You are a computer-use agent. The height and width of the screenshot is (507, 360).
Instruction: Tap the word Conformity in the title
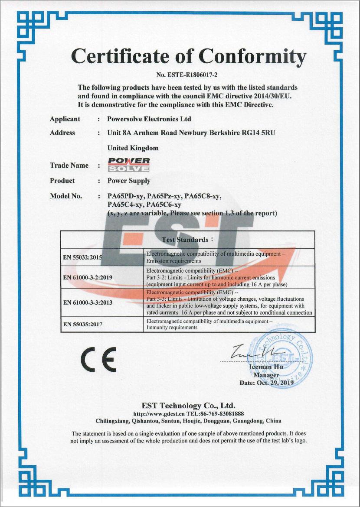tap(252, 56)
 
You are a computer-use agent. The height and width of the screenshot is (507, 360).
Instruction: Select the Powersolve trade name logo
tap(129, 165)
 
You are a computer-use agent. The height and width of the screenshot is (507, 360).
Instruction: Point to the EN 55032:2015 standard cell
tap(82, 257)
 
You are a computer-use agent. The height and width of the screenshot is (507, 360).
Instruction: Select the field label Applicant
tap(65, 119)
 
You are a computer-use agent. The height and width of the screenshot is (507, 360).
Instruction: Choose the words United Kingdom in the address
tap(133, 148)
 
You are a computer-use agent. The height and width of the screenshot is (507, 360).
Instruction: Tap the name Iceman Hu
tap(266, 367)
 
